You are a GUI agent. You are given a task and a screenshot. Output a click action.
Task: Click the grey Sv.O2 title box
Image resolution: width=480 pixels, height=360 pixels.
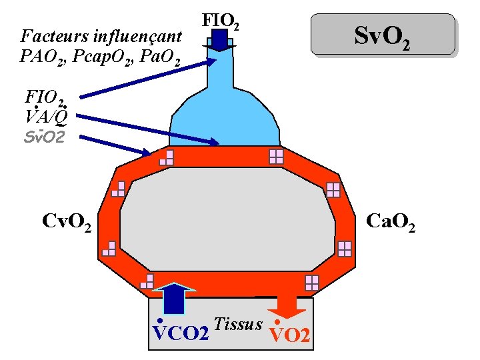click(x=383, y=34)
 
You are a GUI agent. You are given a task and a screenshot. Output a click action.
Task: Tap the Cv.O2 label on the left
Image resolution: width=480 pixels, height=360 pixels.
click(x=67, y=219)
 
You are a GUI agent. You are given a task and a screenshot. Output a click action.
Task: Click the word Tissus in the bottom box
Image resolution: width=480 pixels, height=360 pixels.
click(x=239, y=323)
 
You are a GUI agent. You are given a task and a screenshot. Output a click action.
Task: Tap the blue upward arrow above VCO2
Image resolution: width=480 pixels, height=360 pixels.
click(x=175, y=297)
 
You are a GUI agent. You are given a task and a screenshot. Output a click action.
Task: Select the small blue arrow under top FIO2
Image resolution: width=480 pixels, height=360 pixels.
click(x=219, y=42)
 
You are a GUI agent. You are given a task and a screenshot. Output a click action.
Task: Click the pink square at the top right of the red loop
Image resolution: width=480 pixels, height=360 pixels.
click(x=276, y=157)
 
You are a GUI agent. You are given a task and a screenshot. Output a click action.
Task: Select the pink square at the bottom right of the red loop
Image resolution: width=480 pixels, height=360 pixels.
click(x=311, y=282)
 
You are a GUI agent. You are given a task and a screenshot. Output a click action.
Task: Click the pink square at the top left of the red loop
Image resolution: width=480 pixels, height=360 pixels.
click(x=167, y=158)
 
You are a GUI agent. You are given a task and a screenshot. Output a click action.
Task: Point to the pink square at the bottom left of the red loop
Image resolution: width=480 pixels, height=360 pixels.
click(x=147, y=281)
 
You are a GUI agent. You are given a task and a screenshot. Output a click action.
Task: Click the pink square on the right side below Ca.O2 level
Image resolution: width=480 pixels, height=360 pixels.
click(x=344, y=249)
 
